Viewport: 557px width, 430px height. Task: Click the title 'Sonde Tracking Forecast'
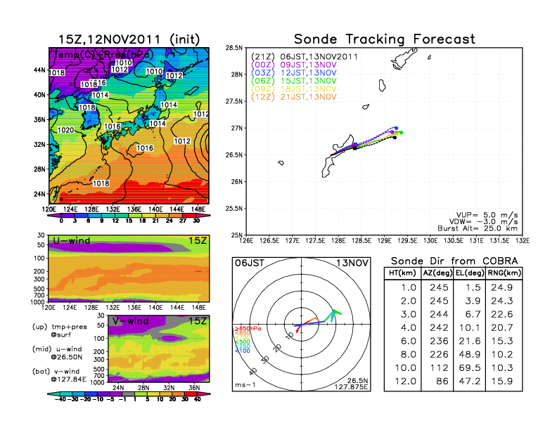[x=384, y=39]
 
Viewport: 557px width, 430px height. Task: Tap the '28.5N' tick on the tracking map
[x=233, y=47]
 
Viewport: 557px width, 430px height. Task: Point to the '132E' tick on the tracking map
[x=522, y=240]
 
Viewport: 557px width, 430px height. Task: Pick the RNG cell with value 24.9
[x=504, y=288]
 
